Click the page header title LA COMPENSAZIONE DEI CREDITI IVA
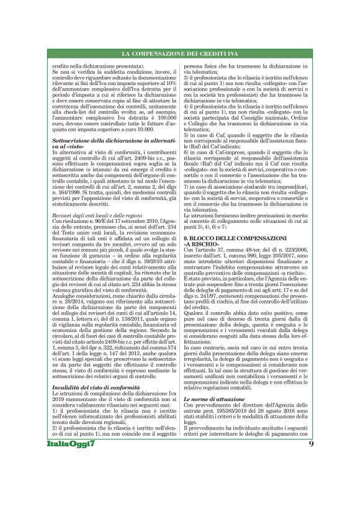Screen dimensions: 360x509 point(180,55)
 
